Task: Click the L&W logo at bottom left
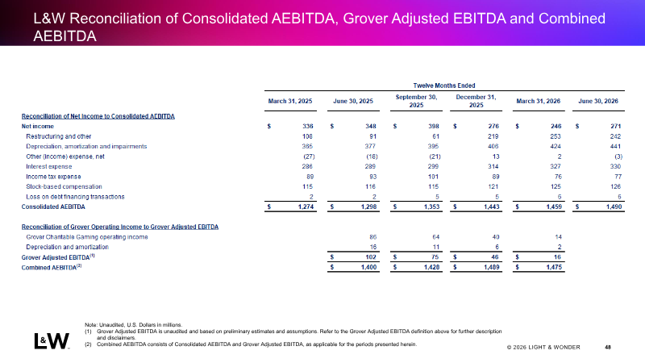(52, 340)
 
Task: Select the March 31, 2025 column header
(290, 102)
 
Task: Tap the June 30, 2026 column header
(598, 102)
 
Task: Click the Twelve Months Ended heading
(444, 86)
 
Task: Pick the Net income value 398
(433, 127)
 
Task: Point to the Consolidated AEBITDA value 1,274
(306, 207)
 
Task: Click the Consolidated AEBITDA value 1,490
(614, 207)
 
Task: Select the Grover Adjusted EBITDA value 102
(371, 257)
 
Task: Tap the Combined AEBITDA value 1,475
(553, 268)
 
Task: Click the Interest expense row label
(49, 167)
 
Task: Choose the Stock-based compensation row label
(64, 187)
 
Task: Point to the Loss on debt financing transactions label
(75, 197)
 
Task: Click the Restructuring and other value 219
(493, 136)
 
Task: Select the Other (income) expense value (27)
(309, 156)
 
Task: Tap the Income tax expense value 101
(434, 177)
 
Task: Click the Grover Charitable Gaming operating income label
(87, 237)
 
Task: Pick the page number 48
(608, 348)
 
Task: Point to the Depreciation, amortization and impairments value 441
(615, 147)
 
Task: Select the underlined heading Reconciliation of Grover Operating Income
(120, 227)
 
